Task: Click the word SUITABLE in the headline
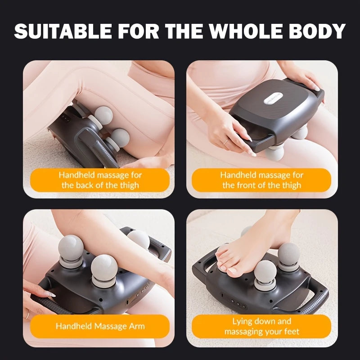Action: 63,31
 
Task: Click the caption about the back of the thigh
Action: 100,180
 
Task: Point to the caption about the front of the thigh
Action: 261,180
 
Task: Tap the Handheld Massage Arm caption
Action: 100,326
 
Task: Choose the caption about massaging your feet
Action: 261,326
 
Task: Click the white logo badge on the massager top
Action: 274,98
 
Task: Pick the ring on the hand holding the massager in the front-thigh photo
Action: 226,142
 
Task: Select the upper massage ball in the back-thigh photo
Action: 104,115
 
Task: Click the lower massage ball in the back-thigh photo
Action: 120,138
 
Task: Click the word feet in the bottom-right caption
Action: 292,332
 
